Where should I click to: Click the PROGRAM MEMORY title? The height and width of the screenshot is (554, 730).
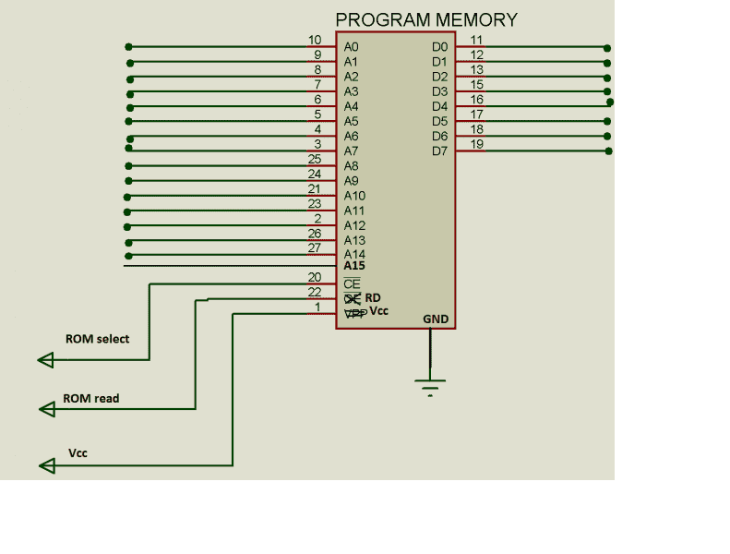[x=425, y=19]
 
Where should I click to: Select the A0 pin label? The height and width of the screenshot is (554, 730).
[x=351, y=47]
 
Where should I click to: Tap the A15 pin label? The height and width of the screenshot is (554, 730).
[x=354, y=266]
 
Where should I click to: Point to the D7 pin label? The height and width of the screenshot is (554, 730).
[x=439, y=151]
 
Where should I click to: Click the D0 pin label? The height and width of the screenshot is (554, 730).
[x=439, y=47]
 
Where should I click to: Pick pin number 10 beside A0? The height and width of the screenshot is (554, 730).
[x=315, y=40]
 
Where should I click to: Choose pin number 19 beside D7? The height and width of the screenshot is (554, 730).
[x=477, y=144]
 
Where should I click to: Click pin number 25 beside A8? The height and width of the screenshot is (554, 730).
[x=315, y=159]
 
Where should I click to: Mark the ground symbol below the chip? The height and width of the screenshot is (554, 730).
[x=429, y=384]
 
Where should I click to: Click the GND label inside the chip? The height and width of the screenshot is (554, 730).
[x=436, y=319]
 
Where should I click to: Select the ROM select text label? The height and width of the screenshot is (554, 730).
[x=97, y=339]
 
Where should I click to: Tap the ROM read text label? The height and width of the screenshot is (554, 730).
[x=90, y=399]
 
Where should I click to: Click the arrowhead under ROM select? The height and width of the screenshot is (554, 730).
[x=45, y=360]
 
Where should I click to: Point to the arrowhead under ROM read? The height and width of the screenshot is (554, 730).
[x=45, y=408]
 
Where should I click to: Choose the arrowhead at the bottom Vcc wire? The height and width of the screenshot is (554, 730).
[x=45, y=466]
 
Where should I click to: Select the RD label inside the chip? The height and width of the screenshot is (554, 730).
[x=373, y=297]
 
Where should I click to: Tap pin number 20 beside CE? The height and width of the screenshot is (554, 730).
[x=315, y=277]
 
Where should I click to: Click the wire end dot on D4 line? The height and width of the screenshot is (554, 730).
[x=609, y=102]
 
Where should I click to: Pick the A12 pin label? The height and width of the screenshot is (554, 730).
[x=354, y=225]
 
